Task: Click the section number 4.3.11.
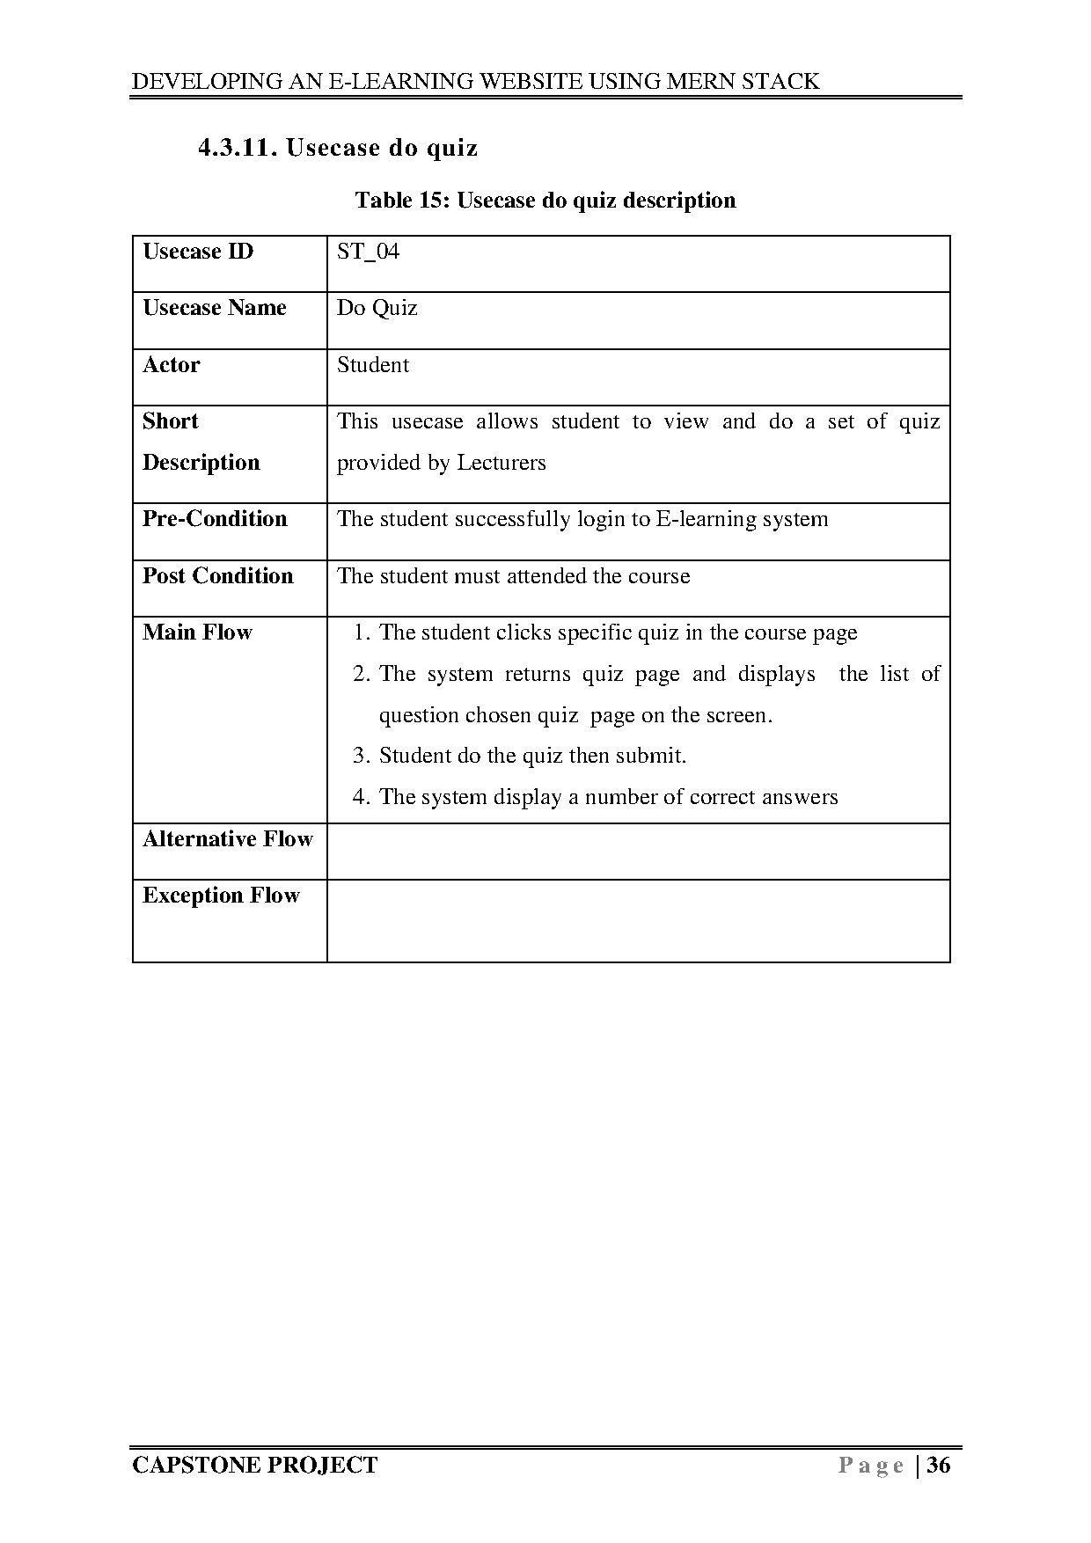coord(238,148)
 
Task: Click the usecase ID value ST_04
coord(368,252)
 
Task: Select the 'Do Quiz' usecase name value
coord(377,309)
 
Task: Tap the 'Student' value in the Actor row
coord(373,365)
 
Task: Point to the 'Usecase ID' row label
coord(198,252)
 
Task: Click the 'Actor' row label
coord(172,365)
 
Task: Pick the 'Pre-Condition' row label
coord(215,519)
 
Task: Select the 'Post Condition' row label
coord(217,576)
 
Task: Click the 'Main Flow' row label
coord(197,633)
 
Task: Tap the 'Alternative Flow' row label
coord(227,839)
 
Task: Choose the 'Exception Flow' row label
coord(221,896)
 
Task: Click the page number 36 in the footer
coord(939,1465)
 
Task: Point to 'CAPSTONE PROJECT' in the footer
coord(254,1465)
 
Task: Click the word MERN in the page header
coord(701,82)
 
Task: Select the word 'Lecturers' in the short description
coord(502,464)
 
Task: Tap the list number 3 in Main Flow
coord(360,757)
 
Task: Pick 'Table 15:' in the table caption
coord(403,201)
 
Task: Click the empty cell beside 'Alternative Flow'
coord(638,852)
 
